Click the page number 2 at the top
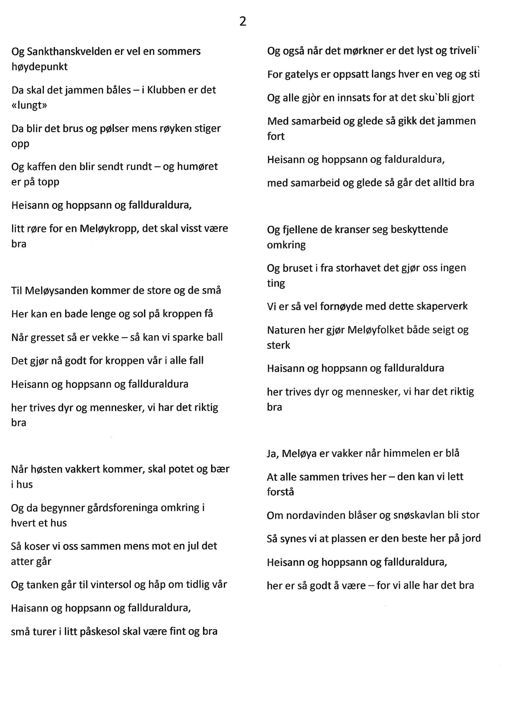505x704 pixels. (243, 22)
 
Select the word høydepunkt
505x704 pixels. (40, 67)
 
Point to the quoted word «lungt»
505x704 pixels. (29, 106)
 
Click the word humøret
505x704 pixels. (198, 167)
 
